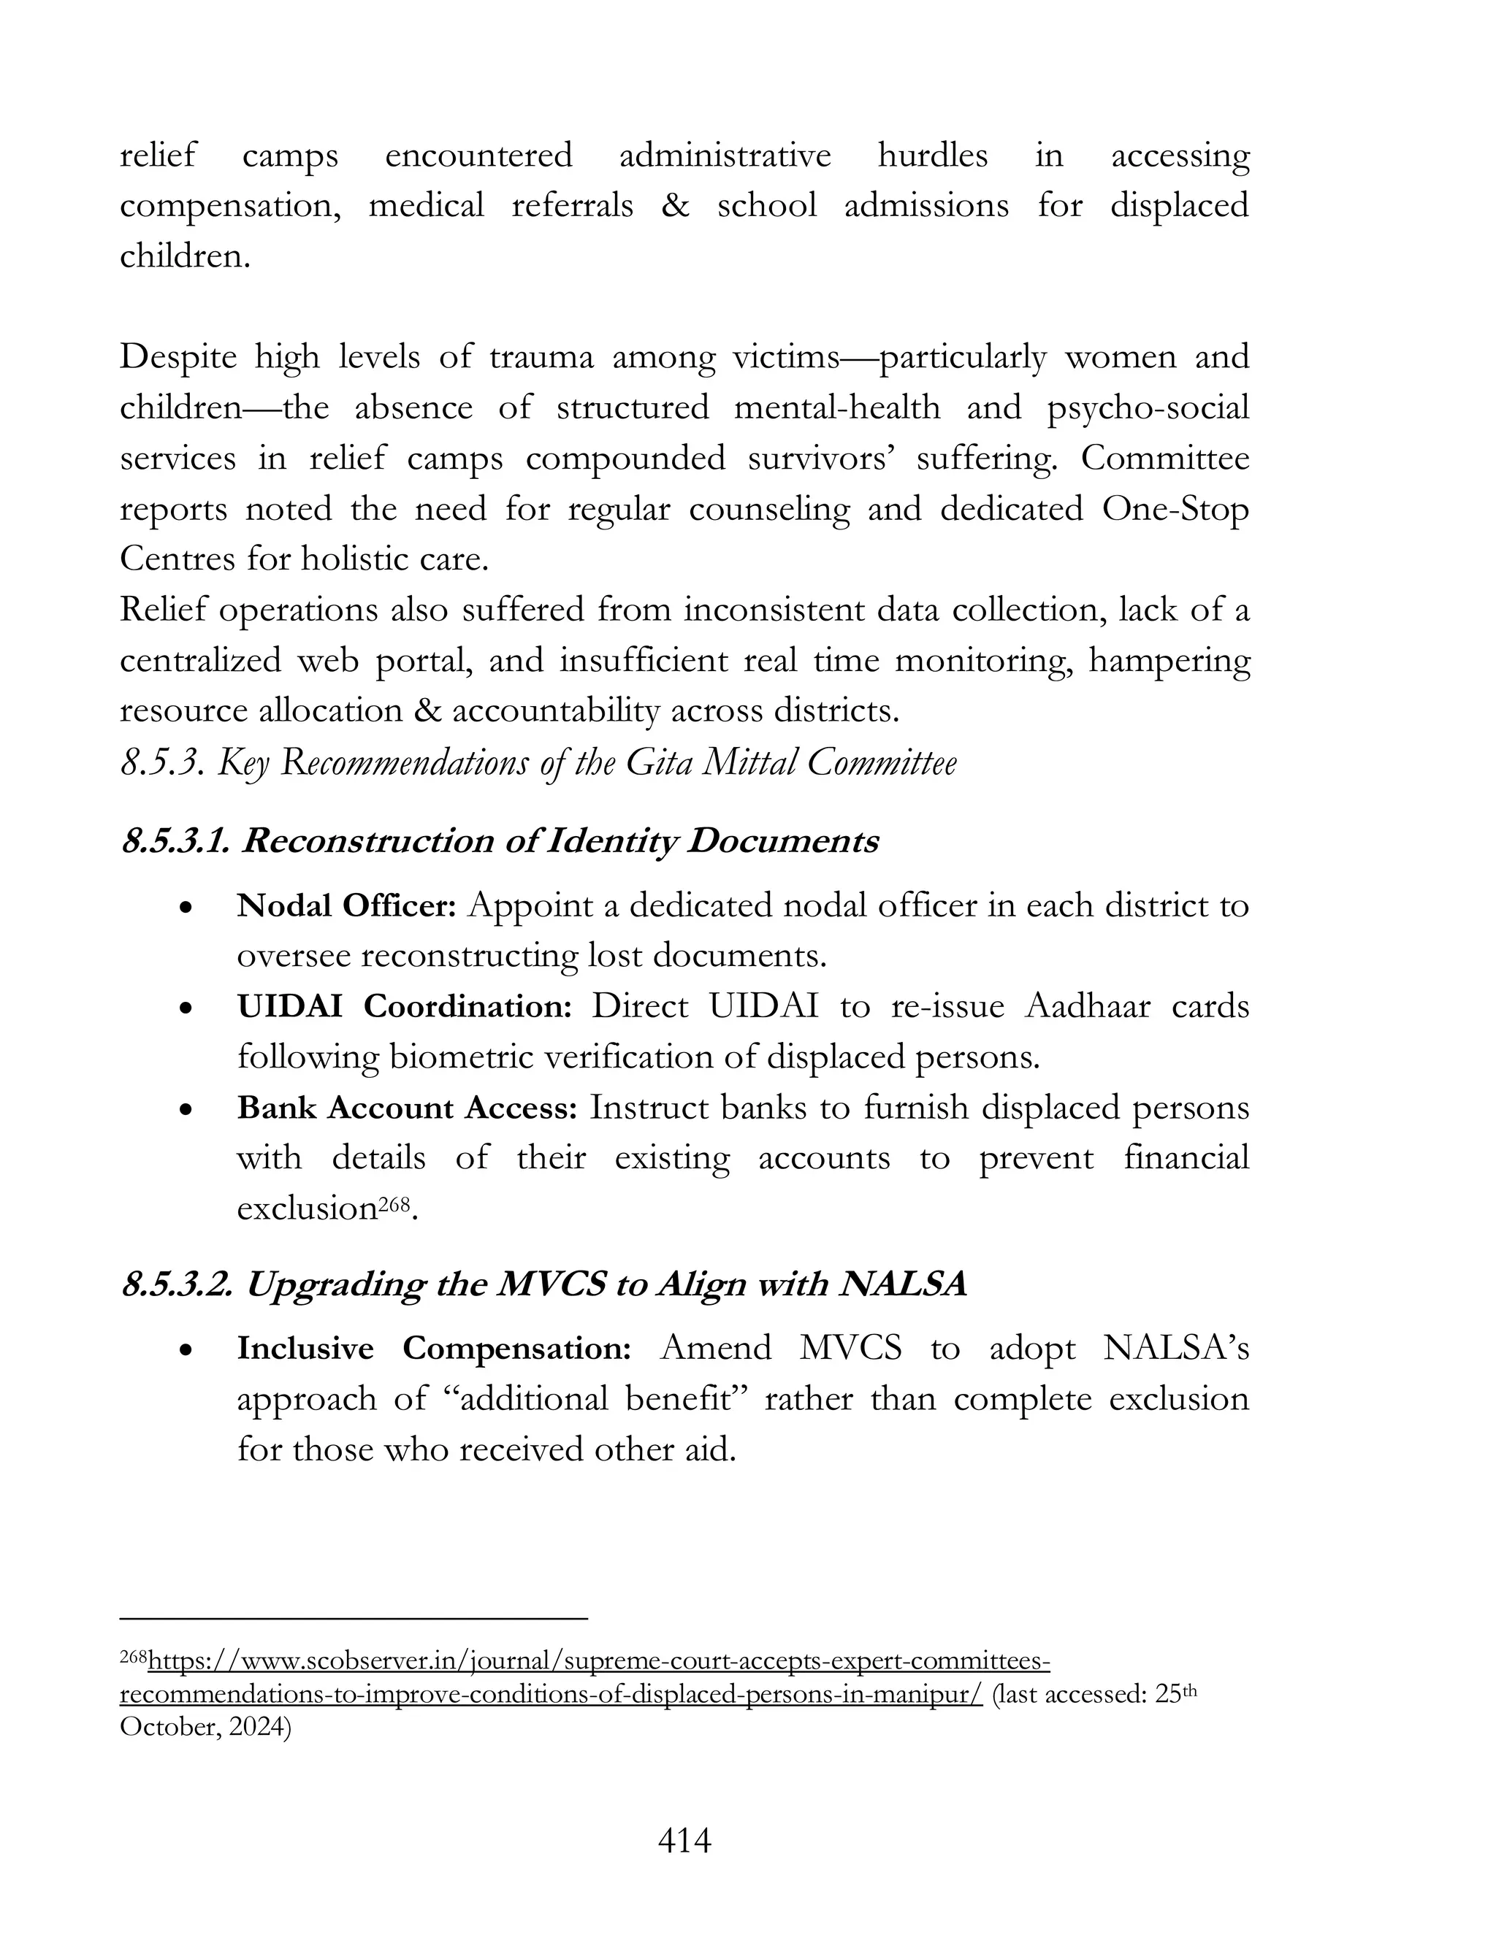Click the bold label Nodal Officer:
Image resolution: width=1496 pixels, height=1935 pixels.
pyautogui.click(x=346, y=905)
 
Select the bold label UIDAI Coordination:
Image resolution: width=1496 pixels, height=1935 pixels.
pyautogui.click(x=404, y=1006)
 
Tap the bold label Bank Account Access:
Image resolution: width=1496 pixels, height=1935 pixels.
pyautogui.click(x=407, y=1108)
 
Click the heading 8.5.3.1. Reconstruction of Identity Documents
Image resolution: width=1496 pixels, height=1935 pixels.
pyautogui.click(x=500, y=840)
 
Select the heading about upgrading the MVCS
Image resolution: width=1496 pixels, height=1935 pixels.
pyautogui.click(x=543, y=1284)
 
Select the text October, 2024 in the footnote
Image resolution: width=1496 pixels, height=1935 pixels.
pyautogui.click(x=205, y=1728)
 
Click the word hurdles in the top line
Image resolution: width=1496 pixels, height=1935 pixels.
pyautogui.click(x=932, y=156)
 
